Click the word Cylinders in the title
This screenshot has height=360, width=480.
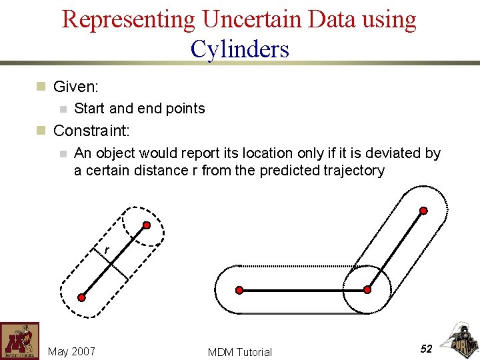tap(239, 49)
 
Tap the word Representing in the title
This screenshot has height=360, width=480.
tap(128, 19)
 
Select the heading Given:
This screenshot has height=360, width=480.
tap(76, 87)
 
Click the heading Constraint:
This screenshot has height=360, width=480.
tap(91, 131)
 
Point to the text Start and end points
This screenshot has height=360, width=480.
tap(139, 108)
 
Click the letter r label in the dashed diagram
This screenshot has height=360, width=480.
tap(106, 251)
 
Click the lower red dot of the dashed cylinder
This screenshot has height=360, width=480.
tap(81, 297)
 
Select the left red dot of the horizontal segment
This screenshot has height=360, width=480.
tap(239, 290)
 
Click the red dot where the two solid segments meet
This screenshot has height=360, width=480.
tap(367, 290)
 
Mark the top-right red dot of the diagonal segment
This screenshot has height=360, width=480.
tap(423, 211)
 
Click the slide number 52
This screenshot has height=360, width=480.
tap(427, 349)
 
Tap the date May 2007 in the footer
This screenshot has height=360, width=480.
tap(71, 351)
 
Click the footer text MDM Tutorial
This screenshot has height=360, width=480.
tap(240, 352)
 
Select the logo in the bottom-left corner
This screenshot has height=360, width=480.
tap(19, 341)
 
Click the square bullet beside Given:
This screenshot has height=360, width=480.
tap(41, 87)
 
